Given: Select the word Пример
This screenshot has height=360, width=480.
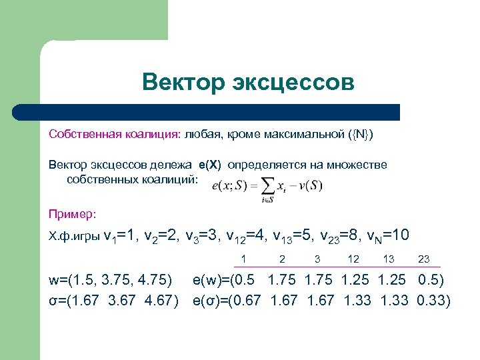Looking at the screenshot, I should tap(72, 214).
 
